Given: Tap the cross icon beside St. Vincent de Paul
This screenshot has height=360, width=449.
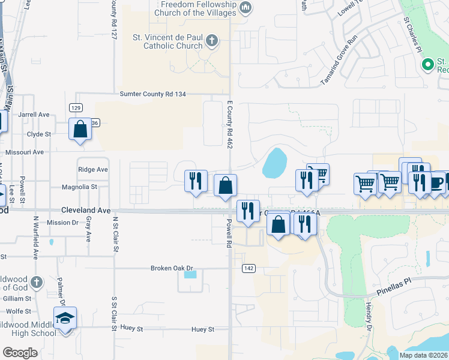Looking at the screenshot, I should [211, 41].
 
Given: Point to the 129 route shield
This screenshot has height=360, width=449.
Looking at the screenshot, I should [75, 107].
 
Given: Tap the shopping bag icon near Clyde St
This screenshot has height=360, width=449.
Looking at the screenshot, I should [80, 130].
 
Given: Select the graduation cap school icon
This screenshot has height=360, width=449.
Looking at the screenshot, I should [65, 319].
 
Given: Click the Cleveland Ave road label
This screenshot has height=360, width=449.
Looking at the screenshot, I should [86, 211].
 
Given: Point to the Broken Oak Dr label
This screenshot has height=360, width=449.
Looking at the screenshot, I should [172, 268].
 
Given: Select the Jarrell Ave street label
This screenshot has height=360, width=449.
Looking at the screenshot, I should [34, 115].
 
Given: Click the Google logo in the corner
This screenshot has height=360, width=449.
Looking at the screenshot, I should [20, 353].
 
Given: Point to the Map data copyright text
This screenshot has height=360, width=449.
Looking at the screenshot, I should [423, 355].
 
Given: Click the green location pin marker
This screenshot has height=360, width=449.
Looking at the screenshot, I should [428, 64].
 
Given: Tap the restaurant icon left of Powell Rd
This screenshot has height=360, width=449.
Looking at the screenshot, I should [196, 181].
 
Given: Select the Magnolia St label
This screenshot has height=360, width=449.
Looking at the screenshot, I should [80, 187].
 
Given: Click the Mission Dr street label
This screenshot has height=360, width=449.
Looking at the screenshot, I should [62, 223].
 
